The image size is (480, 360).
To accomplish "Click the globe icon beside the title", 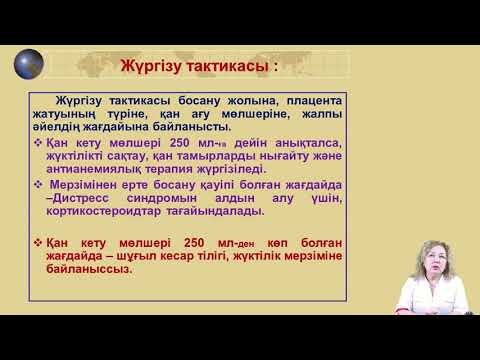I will pyautogui.click(x=28, y=64).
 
